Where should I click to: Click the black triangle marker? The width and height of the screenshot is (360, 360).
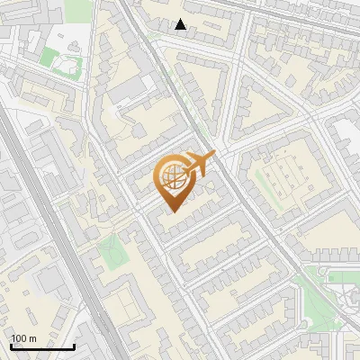(x=181, y=24)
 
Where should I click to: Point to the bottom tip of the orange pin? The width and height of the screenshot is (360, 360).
(x=171, y=212)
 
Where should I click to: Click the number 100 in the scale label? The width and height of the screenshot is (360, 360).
(x=19, y=338)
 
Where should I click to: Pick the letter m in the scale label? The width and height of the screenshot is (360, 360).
(x=33, y=338)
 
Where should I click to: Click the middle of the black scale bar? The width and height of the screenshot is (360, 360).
(x=42, y=346)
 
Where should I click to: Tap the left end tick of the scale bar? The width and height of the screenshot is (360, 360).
(x=11, y=345)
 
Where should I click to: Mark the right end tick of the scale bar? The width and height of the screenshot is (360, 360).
(x=74, y=345)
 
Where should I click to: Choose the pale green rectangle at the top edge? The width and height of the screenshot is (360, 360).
(x=78, y=10)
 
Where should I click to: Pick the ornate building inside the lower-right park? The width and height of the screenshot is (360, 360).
(x=346, y=301)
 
